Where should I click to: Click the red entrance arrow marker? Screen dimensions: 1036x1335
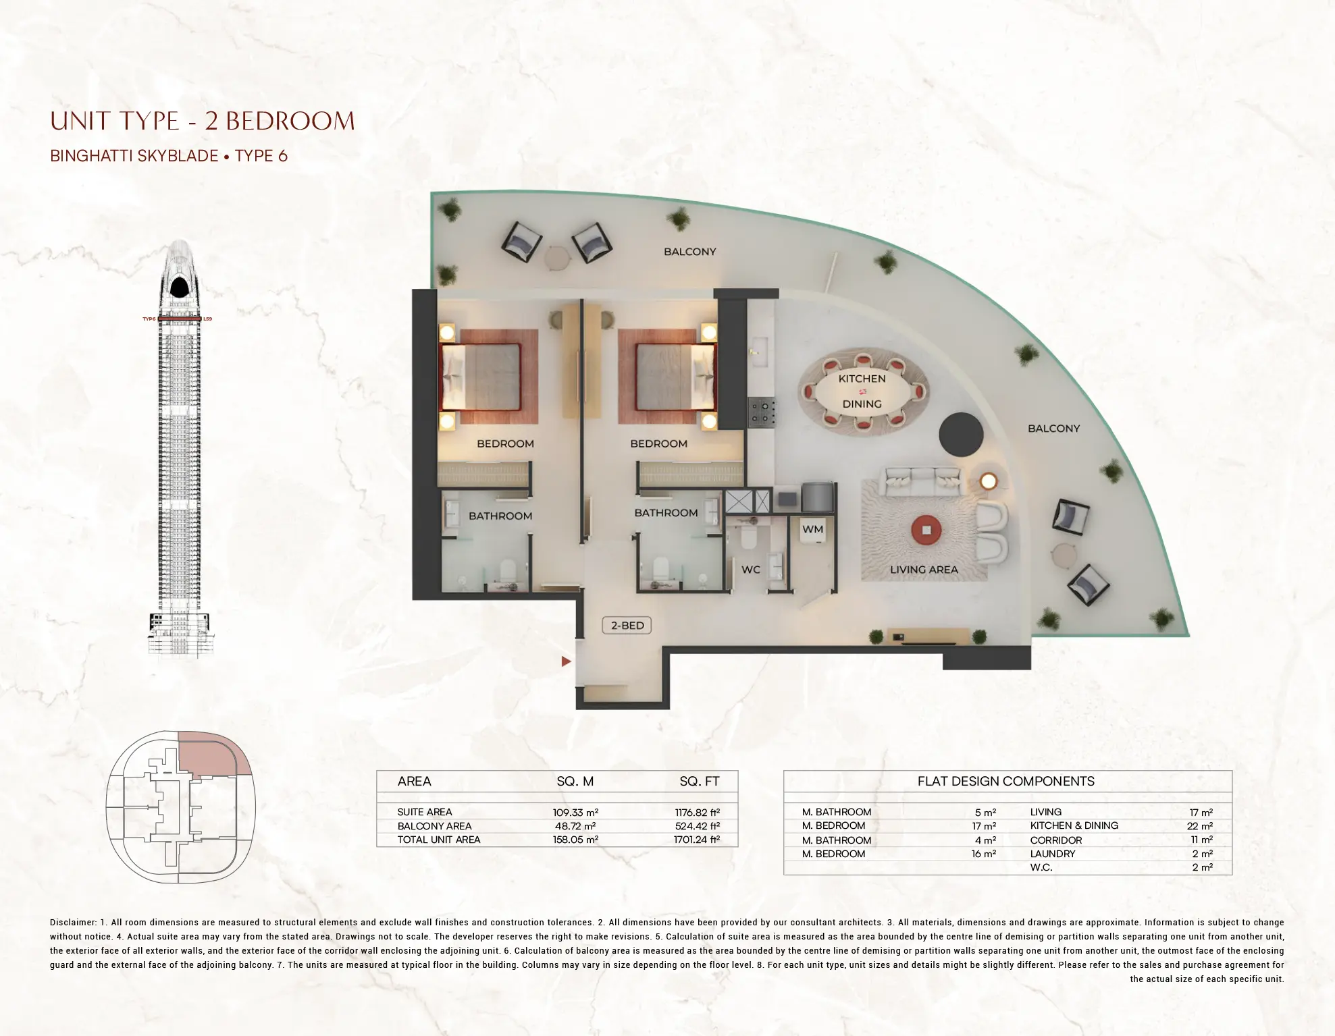(566, 661)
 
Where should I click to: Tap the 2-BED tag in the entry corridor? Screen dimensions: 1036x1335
(627, 626)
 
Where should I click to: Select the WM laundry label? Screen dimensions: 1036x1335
(812, 529)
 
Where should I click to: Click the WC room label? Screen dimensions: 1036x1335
(751, 570)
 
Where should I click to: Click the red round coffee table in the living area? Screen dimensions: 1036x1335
(926, 530)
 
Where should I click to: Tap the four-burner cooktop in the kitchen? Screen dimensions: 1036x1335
(762, 412)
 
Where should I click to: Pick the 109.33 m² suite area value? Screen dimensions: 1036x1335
(575, 813)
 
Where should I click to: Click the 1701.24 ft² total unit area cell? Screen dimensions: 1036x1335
(696, 840)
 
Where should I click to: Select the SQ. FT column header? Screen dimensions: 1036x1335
(699, 782)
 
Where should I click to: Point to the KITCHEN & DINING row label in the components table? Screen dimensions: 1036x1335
(1074, 825)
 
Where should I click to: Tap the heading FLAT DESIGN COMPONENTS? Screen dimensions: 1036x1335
(1005, 782)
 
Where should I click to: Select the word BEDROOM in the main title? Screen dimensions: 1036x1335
(290, 121)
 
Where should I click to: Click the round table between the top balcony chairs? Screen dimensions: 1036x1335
(558, 257)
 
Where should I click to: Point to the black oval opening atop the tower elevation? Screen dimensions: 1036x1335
(179, 288)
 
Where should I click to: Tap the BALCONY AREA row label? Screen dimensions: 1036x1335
(434, 826)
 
